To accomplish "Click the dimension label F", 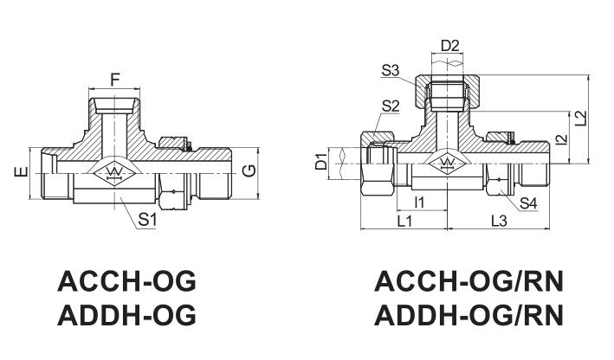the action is click(114, 80).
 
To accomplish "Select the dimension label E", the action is click(21, 171).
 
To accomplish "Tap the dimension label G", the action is click(249, 170).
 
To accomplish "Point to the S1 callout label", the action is click(147, 221).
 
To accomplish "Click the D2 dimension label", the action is click(449, 46).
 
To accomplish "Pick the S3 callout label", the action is click(390, 71).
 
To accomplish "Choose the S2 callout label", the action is click(390, 106).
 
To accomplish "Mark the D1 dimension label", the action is click(321, 162).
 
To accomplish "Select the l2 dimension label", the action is click(561, 139).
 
